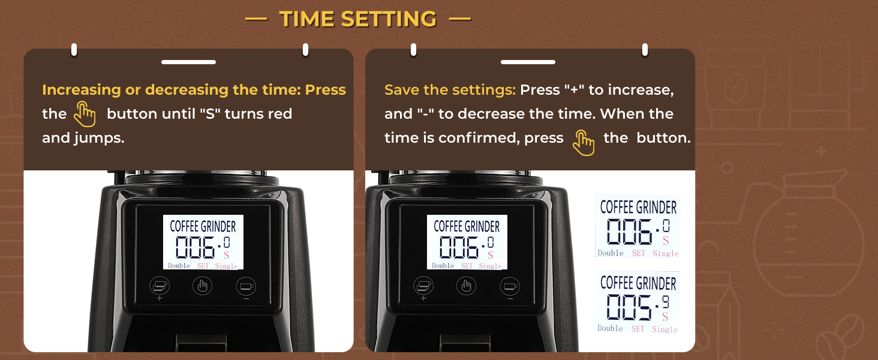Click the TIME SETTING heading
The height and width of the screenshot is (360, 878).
tap(358, 19)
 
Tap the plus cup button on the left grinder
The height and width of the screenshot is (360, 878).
tap(160, 286)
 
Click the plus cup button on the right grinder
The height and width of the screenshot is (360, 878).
tap(423, 286)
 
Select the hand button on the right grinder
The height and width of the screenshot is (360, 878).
tap(466, 286)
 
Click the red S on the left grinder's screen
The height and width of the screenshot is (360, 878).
tap(226, 255)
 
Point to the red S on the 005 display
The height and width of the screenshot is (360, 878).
tap(665, 316)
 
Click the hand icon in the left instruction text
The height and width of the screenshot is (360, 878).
tap(85, 114)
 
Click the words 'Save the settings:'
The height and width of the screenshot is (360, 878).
tap(450, 90)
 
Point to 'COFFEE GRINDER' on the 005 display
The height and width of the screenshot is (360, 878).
tap(638, 283)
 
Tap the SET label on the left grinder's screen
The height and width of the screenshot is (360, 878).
tap(203, 266)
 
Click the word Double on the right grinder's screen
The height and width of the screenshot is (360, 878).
tap(443, 266)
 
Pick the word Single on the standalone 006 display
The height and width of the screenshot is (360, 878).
tap(665, 253)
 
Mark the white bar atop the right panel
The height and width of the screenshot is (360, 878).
tap(528, 62)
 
